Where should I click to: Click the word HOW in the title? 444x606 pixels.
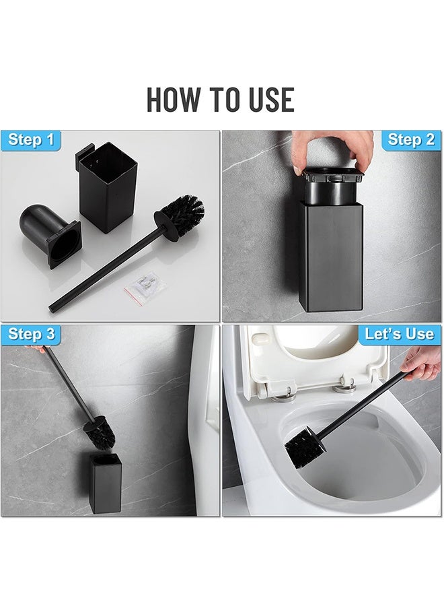pyautogui.click(x=174, y=99)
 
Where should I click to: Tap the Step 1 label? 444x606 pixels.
pyautogui.click(x=31, y=140)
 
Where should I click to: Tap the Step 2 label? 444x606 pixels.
pyautogui.click(x=411, y=140)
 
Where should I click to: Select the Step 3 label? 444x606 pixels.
pyautogui.click(x=31, y=335)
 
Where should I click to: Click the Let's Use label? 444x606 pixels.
pyautogui.click(x=399, y=335)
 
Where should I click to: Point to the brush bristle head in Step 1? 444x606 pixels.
pyautogui.click(x=180, y=215)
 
